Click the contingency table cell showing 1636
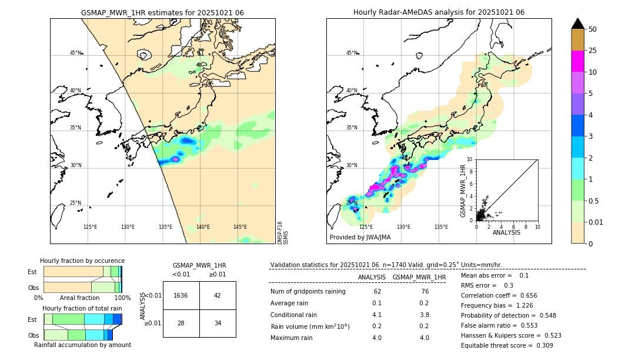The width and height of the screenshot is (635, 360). [181, 295]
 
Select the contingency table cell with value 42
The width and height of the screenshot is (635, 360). [218, 295]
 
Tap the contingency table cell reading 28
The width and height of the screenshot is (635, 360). [181, 323]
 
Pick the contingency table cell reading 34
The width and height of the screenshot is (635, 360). [218, 323]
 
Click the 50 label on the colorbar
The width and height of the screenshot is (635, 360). [593, 29]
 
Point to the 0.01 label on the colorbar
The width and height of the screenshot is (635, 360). [596, 222]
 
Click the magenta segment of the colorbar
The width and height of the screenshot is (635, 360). [577, 61]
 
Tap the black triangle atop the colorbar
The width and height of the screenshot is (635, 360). [577, 24]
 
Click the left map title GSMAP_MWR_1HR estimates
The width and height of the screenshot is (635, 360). [162, 12]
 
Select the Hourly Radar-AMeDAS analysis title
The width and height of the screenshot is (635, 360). [439, 12]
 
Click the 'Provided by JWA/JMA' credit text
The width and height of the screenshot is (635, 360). [360, 237]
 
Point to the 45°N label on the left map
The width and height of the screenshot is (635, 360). [76, 53]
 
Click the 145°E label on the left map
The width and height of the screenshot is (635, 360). [240, 227]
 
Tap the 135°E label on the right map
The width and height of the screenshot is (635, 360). [441, 227]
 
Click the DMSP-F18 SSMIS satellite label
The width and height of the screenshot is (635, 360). [283, 232]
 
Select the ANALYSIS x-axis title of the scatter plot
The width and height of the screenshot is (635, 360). [506, 232]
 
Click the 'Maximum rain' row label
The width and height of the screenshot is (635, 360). [292, 338]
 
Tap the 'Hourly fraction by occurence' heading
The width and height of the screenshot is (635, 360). [82, 261]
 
